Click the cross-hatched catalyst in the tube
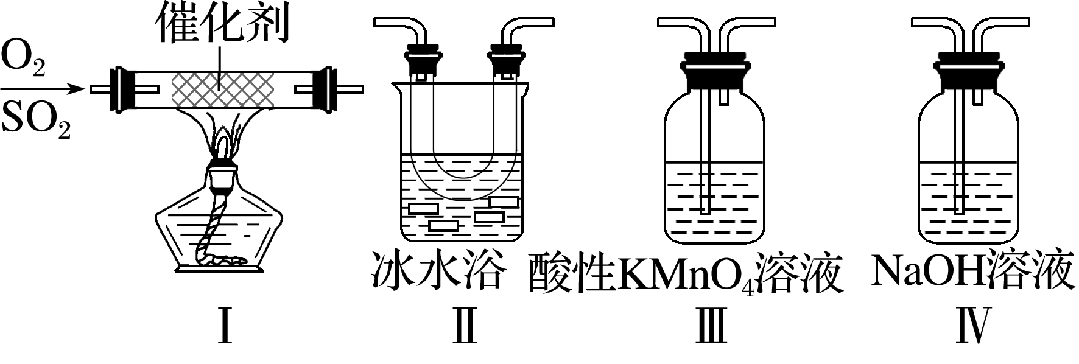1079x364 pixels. (x=222, y=89)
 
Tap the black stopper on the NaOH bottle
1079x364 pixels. (x=967, y=71)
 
